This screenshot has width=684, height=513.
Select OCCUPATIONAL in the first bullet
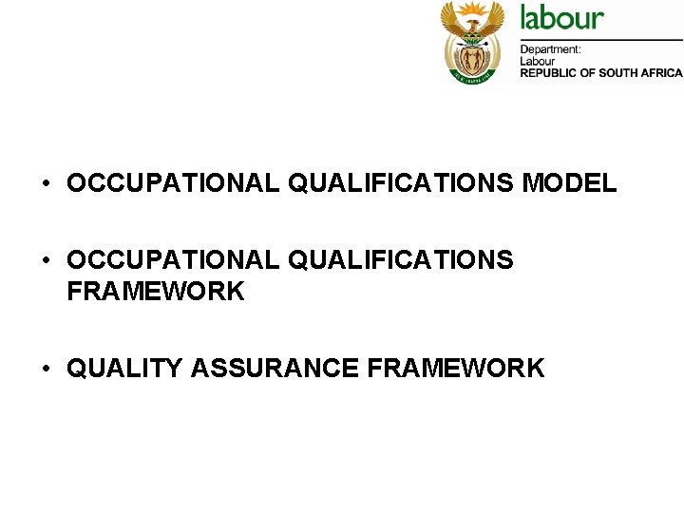[173, 183]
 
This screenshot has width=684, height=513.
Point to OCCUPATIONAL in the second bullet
[173, 260]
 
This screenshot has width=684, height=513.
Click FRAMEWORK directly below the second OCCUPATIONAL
[156, 292]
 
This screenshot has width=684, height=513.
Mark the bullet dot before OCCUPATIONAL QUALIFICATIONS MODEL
[46, 183]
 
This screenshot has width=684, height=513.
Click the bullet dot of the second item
[46, 260]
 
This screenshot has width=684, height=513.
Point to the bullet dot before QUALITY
[46, 369]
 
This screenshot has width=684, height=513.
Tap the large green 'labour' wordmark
[561, 18]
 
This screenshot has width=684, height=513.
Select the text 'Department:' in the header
[550, 49]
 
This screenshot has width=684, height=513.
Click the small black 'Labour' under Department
[536, 61]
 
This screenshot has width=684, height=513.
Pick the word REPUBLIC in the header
[550, 73]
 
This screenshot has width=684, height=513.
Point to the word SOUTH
[621, 73]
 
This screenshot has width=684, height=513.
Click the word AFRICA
[664, 73]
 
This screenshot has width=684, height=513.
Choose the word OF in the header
[591, 73]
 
